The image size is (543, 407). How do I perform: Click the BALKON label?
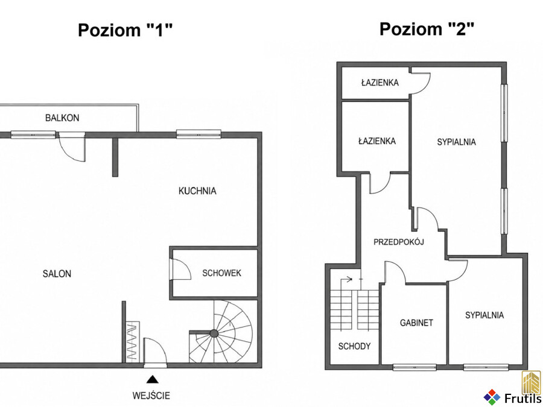click(62, 118)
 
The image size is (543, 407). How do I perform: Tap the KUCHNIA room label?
click(197, 191)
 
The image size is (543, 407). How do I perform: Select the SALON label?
click(57, 274)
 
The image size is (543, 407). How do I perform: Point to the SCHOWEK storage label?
click(221, 273)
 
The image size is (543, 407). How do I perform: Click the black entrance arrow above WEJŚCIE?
click(152, 379)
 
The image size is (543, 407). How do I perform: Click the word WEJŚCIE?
click(151, 395)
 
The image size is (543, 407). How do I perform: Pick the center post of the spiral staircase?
click(214, 333)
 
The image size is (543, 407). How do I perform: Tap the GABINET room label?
click(416, 323)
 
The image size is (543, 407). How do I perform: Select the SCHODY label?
click(354, 346)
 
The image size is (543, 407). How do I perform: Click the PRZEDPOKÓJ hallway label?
click(399, 242)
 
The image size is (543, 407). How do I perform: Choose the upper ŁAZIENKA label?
click(380, 83)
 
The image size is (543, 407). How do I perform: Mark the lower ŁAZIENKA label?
click(376, 141)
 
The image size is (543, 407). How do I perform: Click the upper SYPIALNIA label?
click(457, 142)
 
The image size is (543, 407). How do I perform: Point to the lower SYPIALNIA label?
click(484, 315)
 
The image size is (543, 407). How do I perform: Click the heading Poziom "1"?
click(125, 30)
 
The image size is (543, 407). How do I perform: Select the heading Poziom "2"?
click(427, 28)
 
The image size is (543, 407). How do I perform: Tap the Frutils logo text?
click(522, 399)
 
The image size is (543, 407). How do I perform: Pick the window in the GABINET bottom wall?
click(414, 367)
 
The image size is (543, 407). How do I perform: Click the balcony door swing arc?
click(66, 153)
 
